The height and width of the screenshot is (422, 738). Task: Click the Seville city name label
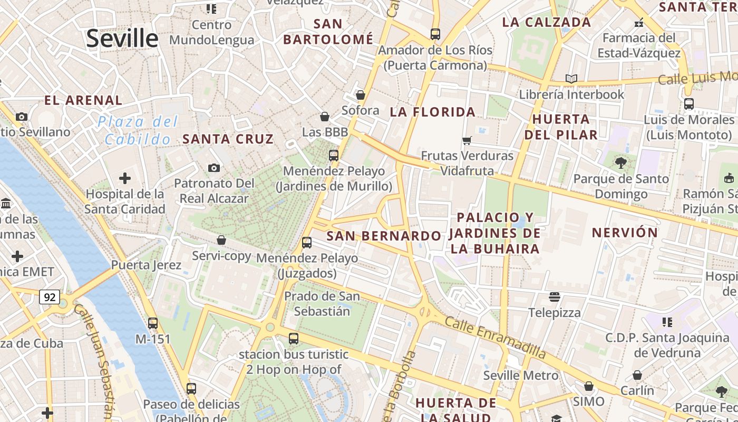click(122, 39)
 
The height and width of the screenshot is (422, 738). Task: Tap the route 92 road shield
click(50, 297)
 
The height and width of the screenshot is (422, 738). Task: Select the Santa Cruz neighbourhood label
click(228, 139)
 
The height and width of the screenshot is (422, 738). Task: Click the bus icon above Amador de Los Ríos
click(435, 34)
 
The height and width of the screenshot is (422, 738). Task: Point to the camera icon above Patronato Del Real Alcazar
click(213, 168)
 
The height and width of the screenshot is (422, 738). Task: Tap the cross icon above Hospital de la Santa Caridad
click(125, 178)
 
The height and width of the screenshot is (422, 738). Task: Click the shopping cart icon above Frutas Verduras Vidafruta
click(467, 140)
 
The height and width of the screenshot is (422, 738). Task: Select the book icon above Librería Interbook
click(571, 79)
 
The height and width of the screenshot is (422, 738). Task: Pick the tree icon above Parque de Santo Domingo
click(620, 163)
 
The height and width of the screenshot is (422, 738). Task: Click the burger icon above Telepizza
click(554, 296)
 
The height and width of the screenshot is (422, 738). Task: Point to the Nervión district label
click(625, 233)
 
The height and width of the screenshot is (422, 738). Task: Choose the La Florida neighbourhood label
click(432, 112)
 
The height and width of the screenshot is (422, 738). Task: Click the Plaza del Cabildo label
click(138, 130)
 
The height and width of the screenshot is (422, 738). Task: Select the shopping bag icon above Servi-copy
click(221, 240)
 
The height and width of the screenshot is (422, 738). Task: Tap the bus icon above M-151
click(153, 323)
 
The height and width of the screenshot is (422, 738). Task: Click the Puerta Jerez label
click(146, 265)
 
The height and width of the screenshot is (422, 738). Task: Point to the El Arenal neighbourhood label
click(83, 100)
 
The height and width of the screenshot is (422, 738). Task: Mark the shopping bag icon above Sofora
click(361, 95)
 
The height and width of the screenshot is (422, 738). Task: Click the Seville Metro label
click(520, 376)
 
